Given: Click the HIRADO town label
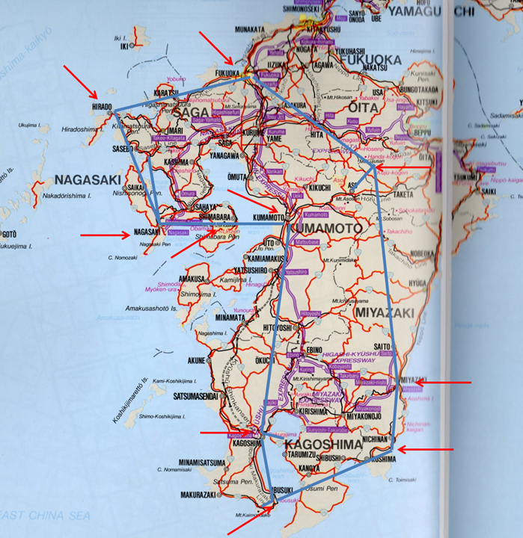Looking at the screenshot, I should tap(102, 107).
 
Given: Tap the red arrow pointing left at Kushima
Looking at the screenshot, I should tap(425, 450).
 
